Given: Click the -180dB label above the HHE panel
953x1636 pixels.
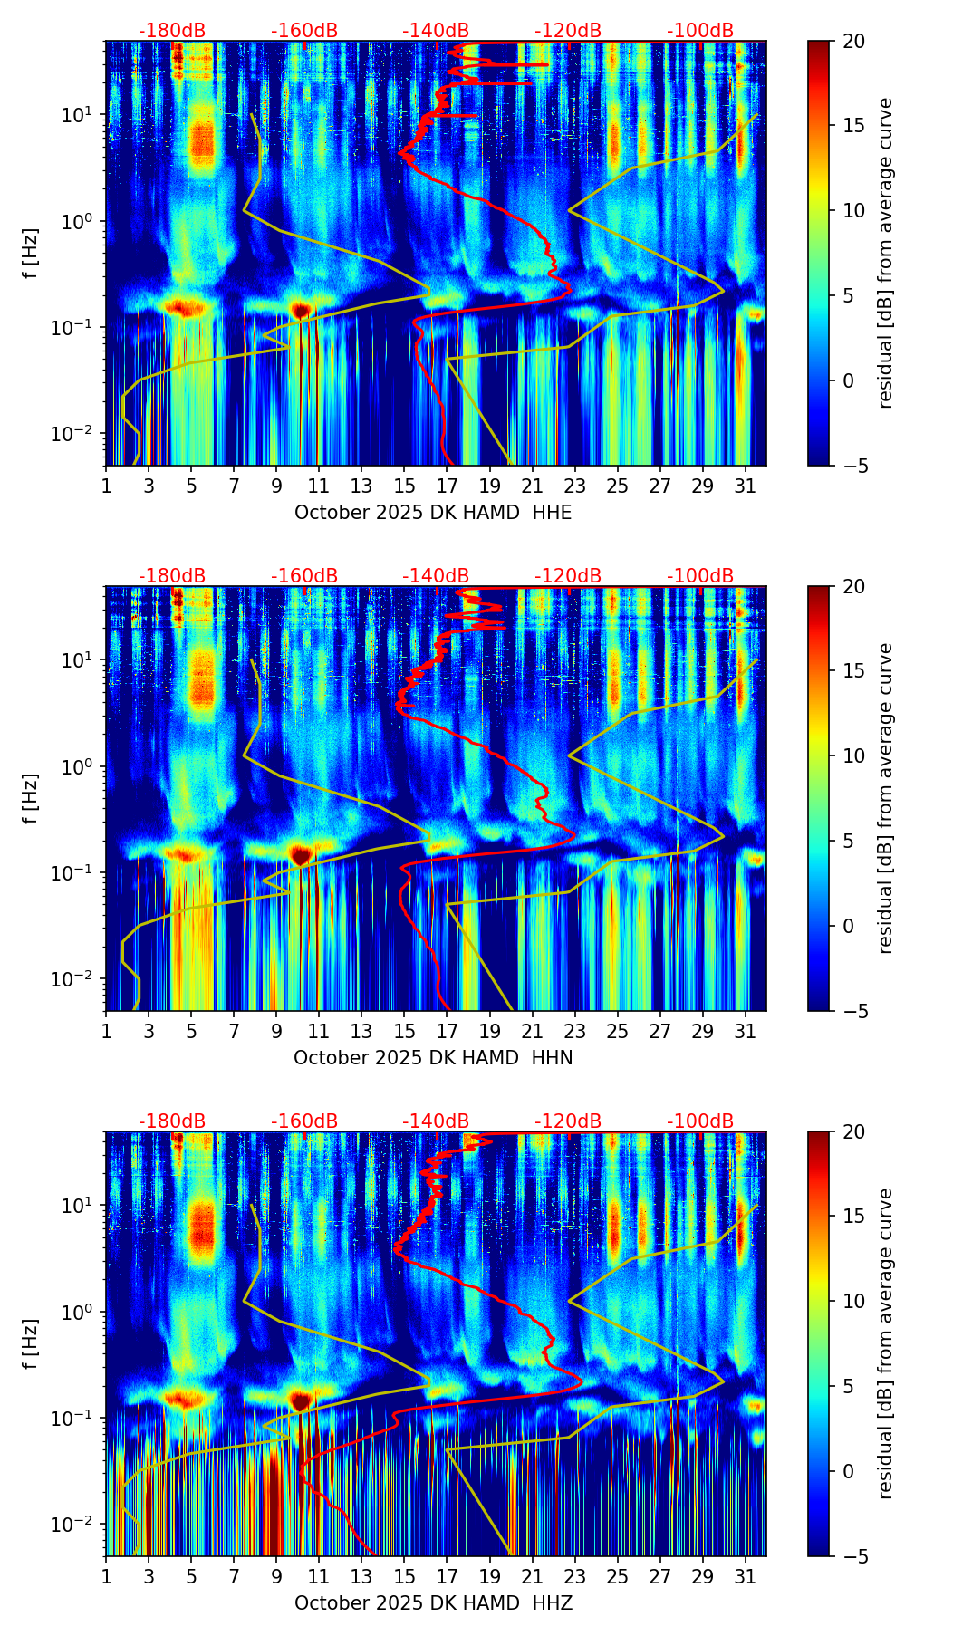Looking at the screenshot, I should pyautogui.click(x=172, y=31).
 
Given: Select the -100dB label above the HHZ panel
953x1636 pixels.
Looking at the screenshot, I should pyautogui.click(x=700, y=1121).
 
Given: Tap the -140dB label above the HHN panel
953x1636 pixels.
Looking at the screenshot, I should pyautogui.click(x=436, y=576).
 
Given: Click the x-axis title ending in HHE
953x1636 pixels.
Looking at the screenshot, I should pyautogui.click(x=433, y=513).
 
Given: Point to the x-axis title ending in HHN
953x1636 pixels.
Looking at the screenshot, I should pyautogui.click(x=433, y=1058).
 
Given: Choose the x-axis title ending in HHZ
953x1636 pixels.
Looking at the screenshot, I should pyautogui.click(x=433, y=1603).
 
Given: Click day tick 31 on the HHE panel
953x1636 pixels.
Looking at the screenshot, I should pyautogui.click(x=746, y=486).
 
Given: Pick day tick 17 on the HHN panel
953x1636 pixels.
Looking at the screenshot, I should pyautogui.click(x=448, y=1032).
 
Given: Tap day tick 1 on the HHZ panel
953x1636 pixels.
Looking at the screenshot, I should pyautogui.click(x=106, y=1577).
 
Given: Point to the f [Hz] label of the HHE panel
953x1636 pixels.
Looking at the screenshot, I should pyautogui.click(x=32, y=254).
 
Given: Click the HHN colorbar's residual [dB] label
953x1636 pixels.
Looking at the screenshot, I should pyautogui.click(x=885, y=798).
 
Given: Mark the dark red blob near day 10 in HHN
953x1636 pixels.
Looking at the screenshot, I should pyautogui.click(x=301, y=854).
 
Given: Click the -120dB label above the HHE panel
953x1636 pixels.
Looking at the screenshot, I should pyautogui.click(x=568, y=31).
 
